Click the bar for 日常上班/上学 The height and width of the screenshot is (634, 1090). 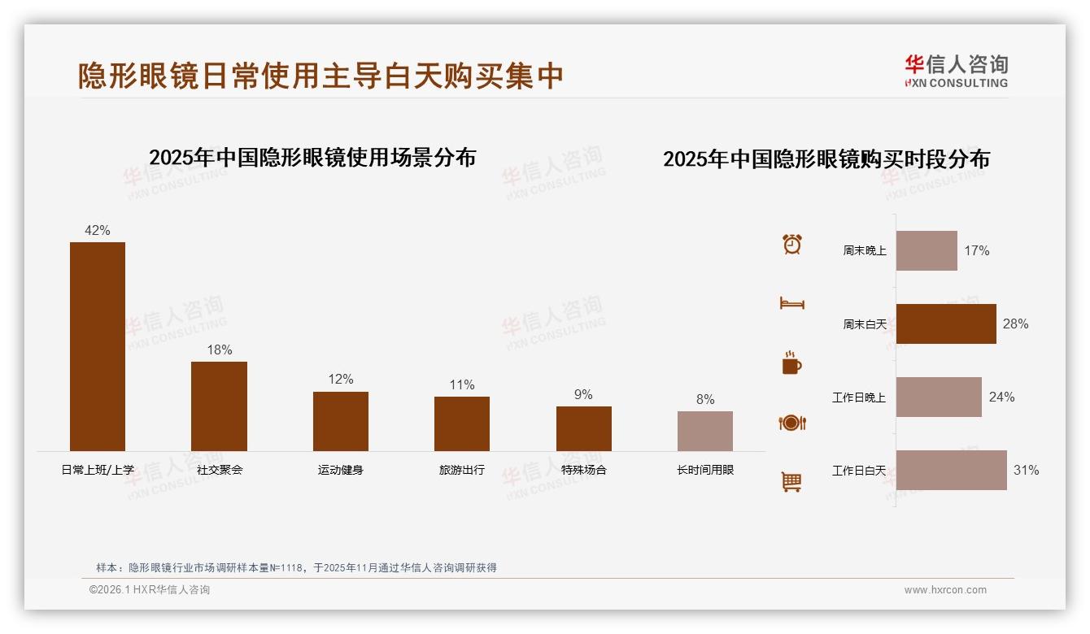tap(98, 346)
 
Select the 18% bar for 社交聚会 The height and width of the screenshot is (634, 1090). tap(219, 406)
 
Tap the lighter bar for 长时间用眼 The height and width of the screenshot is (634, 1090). tap(704, 431)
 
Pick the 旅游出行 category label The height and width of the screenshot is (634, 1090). tap(462, 470)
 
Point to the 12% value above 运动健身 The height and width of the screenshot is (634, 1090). tap(341, 379)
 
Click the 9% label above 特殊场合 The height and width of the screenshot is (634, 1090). tap(583, 394)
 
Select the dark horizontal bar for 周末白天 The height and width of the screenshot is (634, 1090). tap(946, 324)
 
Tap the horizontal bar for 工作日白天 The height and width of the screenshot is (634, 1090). tap(951, 470)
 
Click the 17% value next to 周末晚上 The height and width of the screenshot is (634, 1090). tap(977, 250)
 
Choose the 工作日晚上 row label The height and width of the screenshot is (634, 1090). tap(859, 397)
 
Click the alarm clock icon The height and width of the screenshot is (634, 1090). tap(792, 244)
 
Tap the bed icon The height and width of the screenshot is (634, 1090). tap(792, 303)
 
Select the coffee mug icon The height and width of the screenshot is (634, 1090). tap(791, 363)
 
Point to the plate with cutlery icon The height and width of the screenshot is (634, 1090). tap(792, 423)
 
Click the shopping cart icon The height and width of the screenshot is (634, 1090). tap(791, 482)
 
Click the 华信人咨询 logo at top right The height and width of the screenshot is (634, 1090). tap(957, 71)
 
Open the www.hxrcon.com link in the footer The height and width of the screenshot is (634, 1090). tap(945, 590)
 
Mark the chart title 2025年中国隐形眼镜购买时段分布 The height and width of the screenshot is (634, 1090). tap(826, 158)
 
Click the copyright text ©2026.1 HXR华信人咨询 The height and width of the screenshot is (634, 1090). tap(150, 590)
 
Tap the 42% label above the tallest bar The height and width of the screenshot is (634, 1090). tap(98, 230)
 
